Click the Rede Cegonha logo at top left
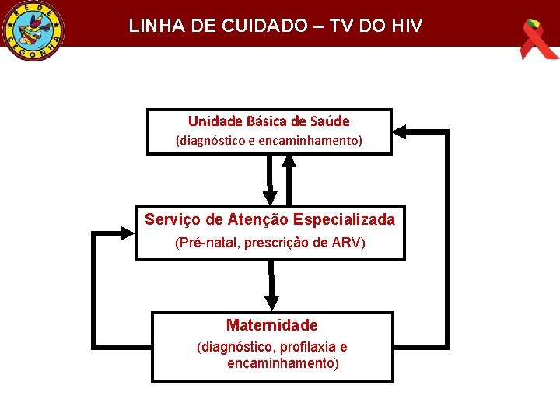[x=33, y=30]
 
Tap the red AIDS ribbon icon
[x=537, y=39]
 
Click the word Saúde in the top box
[x=330, y=121]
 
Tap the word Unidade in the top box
[x=215, y=121]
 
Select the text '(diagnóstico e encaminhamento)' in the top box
[x=269, y=142]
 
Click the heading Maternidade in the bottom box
[x=272, y=325]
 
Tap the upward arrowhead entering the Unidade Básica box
[x=289, y=161]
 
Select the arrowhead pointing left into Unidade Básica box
[x=401, y=131]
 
